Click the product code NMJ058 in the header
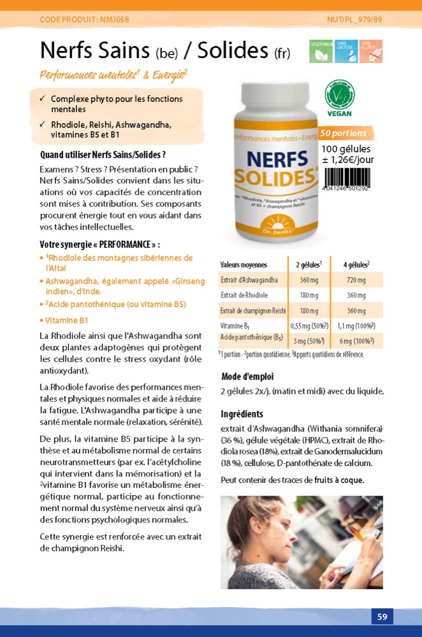(x=84, y=20)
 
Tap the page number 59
(x=382, y=617)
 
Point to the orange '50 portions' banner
(x=344, y=134)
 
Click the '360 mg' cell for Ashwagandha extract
(x=309, y=280)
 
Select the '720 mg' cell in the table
(x=356, y=280)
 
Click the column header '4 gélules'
(x=356, y=264)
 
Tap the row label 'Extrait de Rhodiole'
(x=244, y=296)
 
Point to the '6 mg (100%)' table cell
(x=356, y=341)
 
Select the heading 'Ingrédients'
(x=242, y=414)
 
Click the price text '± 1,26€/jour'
(x=347, y=160)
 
